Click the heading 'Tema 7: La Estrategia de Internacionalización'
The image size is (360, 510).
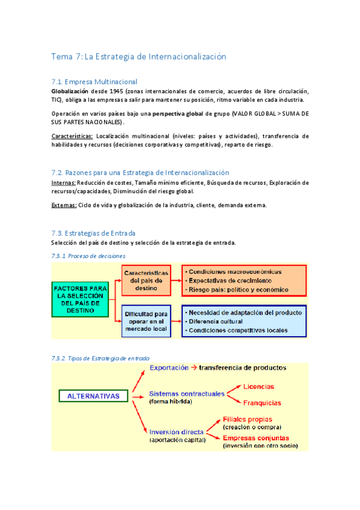[139, 57]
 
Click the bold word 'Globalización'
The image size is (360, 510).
[71, 91]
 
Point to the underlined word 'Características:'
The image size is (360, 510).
[72, 136]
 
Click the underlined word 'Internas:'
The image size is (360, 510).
[63, 182]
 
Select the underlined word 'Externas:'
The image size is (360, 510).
[64, 205]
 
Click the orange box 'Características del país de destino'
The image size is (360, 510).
[146, 280]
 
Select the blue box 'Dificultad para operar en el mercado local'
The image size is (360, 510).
[145, 322]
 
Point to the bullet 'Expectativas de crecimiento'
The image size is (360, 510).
[230, 280]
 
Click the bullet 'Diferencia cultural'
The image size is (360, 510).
[221, 321]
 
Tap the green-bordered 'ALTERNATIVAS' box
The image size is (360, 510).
[93, 396]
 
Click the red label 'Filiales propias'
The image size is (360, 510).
[248, 419]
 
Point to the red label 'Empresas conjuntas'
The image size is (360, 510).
[256, 437]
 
